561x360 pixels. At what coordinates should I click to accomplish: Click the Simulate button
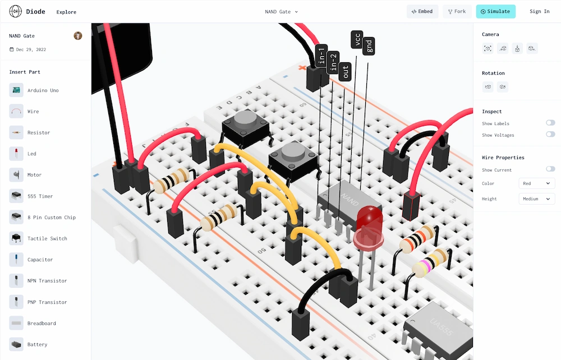(x=495, y=11)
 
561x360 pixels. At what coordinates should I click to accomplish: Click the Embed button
(x=422, y=11)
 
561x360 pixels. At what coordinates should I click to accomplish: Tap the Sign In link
(x=539, y=11)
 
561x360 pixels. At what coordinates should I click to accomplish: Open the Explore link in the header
(x=66, y=12)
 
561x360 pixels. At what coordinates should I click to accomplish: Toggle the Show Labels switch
(x=550, y=123)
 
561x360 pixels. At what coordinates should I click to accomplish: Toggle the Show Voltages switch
(x=550, y=135)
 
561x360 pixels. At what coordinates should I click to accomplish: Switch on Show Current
(x=550, y=169)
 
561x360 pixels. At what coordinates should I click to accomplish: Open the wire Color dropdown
(x=537, y=183)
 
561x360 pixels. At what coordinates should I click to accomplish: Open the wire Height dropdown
(x=537, y=199)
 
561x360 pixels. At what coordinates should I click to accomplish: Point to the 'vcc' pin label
(x=357, y=39)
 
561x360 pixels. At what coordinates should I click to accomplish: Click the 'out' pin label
(x=345, y=72)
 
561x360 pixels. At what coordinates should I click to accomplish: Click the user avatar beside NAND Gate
(x=78, y=36)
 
